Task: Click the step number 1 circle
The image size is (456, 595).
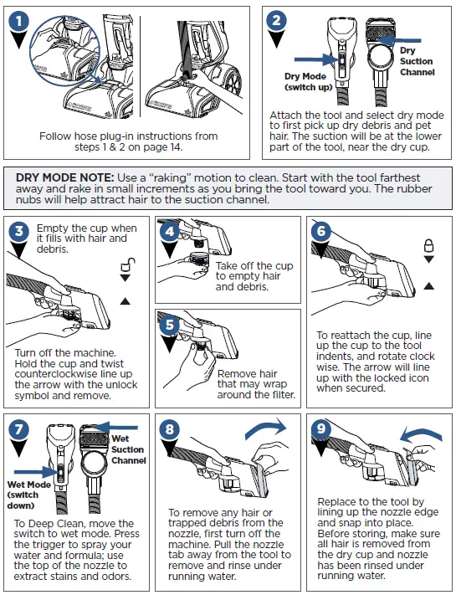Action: click(18, 21)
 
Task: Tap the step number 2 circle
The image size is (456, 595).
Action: click(277, 20)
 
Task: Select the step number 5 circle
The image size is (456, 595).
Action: click(169, 325)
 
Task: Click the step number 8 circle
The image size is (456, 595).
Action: click(169, 429)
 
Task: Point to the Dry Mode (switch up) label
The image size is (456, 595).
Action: click(308, 81)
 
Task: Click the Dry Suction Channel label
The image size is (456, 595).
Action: click(417, 61)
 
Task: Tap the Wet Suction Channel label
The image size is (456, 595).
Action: click(128, 449)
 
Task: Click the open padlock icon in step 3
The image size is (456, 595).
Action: click(128, 264)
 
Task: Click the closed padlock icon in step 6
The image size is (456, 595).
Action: click(428, 245)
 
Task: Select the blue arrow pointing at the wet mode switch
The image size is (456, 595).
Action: click(36, 472)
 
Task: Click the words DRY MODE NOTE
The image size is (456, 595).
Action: click(65, 177)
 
